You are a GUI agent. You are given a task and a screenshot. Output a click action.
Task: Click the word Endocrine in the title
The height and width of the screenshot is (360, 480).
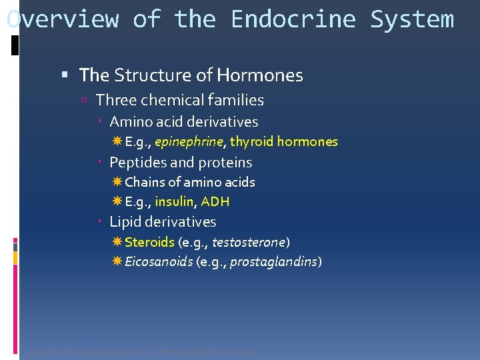point(293,19)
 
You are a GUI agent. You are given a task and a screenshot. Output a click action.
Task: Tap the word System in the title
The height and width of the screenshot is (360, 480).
point(412,19)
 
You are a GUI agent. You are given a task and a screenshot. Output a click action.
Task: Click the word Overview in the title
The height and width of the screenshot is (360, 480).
point(63,19)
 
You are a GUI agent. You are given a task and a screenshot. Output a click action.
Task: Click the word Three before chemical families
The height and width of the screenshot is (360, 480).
point(114,101)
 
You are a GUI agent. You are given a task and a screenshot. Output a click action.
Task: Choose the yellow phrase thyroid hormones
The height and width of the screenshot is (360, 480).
point(284,142)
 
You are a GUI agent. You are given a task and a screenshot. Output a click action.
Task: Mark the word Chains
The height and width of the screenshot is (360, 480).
point(143,182)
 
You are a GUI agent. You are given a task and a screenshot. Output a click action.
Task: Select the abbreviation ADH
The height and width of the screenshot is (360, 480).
point(215,202)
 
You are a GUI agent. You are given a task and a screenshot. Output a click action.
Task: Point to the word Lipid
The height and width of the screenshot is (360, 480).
point(125,222)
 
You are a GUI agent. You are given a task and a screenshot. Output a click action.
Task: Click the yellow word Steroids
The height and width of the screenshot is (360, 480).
point(149,242)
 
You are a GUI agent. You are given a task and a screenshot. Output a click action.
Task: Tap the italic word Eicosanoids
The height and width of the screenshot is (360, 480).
point(159,262)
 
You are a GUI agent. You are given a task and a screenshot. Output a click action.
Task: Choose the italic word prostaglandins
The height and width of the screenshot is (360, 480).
point(279,262)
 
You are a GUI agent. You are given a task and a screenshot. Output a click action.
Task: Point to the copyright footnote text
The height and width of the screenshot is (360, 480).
point(139,351)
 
